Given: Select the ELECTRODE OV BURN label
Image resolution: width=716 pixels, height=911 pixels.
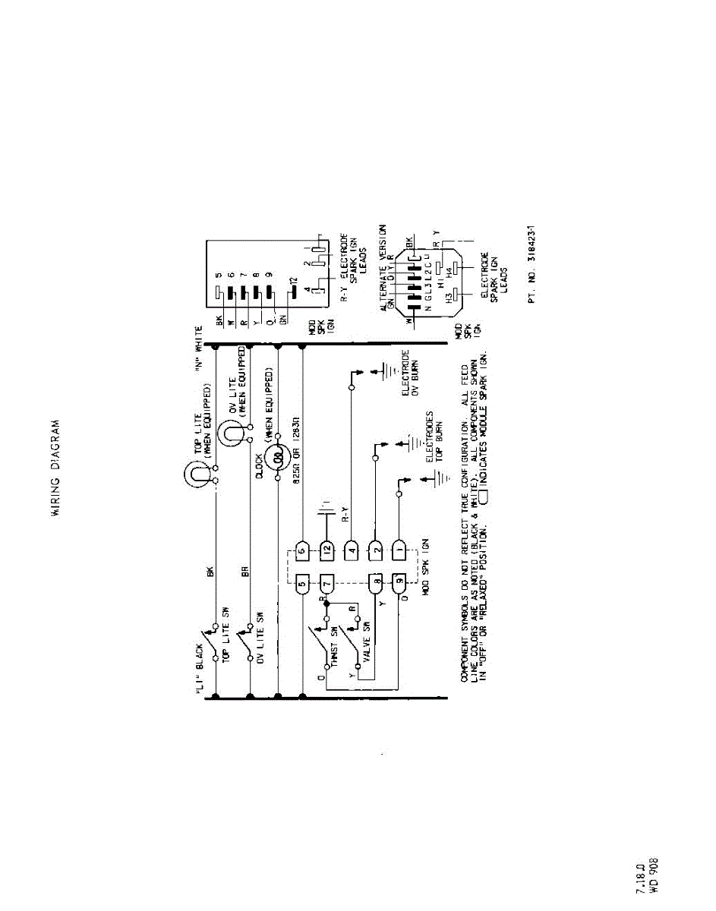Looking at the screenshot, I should [411, 373].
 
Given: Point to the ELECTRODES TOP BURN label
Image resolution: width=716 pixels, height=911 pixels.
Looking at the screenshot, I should [434, 437].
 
